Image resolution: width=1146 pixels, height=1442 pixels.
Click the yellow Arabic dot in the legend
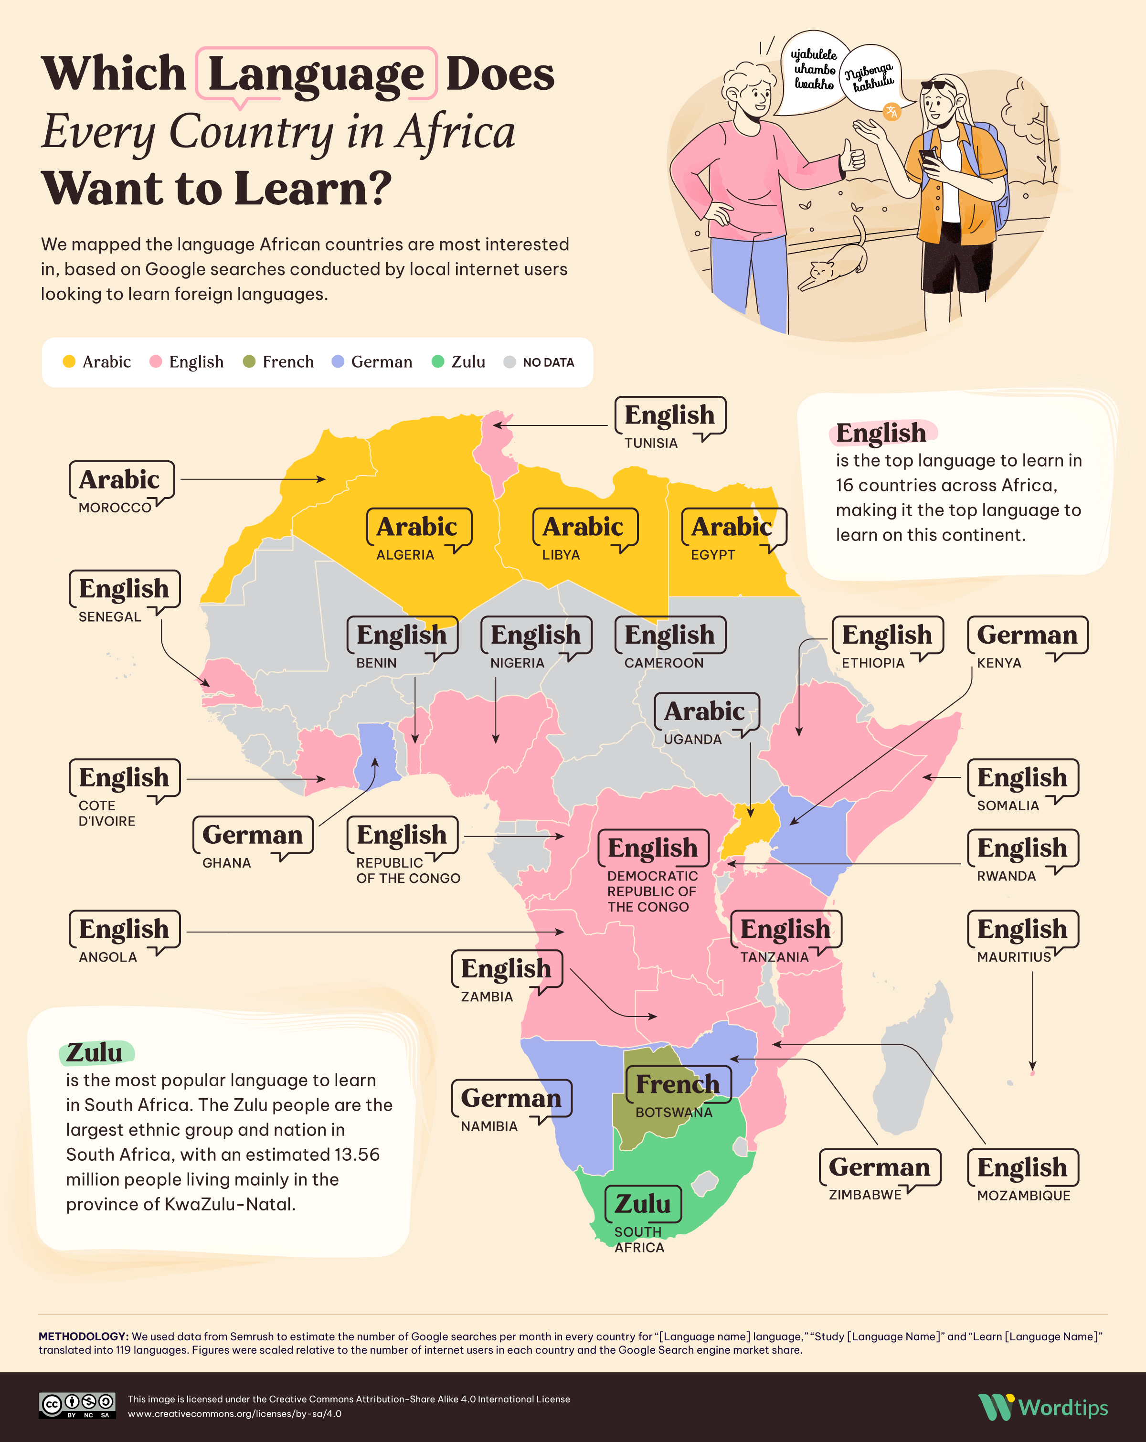click(69, 362)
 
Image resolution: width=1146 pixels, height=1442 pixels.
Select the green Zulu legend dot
click(437, 362)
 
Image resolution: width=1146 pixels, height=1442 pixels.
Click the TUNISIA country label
click(650, 443)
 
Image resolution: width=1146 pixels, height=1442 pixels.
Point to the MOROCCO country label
click(115, 508)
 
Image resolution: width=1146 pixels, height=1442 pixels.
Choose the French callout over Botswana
click(677, 1084)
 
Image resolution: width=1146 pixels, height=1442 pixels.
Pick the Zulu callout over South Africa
click(642, 1204)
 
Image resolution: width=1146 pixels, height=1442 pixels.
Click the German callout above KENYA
click(1027, 635)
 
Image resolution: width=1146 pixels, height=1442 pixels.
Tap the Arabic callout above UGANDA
click(704, 711)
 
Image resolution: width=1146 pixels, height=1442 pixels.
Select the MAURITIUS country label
click(1014, 957)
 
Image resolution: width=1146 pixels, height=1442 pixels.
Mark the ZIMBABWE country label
click(864, 1195)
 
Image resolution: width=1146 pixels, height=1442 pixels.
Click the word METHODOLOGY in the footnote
click(82, 1336)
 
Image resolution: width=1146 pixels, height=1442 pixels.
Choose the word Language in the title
click(316, 74)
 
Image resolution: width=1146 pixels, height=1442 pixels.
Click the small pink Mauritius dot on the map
click(1032, 1073)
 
